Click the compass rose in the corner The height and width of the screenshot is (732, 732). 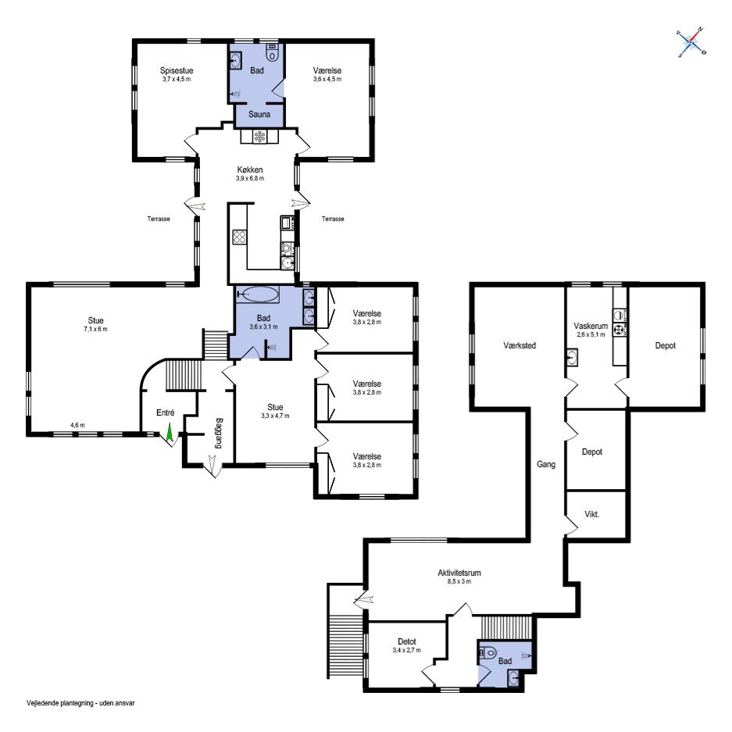click(x=691, y=42)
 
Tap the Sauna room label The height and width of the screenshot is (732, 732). click(x=259, y=114)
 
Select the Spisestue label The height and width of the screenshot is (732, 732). click(x=177, y=70)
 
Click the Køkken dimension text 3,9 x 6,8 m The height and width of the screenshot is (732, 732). click(x=250, y=178)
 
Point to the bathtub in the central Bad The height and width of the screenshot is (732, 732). click(x=258, y=294)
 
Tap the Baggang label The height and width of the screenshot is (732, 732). click(x=219, y=433)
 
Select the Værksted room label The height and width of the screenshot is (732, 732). click(x=520, y=345)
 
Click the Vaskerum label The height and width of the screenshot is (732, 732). click(x=591, y=327)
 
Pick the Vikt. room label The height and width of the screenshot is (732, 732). click(x=591, y=515)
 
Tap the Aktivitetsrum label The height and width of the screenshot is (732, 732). click(x=459, y=573)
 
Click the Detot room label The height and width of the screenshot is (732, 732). click(x=406, y=642)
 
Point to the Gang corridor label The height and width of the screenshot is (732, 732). click(x=546, y=465)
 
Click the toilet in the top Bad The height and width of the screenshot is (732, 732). click(x=272, y=53)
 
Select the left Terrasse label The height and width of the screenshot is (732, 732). click(x=159, y=219)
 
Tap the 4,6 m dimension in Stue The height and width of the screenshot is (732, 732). click(x=77, y=425)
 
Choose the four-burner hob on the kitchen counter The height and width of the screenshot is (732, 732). click(x=240, y=237)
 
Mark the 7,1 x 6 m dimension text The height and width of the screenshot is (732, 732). click(x=95, y=329)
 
